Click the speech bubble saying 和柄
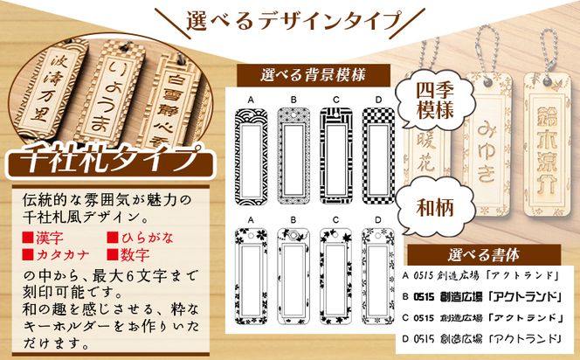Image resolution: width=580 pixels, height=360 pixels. point(429,206)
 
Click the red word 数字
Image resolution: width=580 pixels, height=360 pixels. point(131,254)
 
